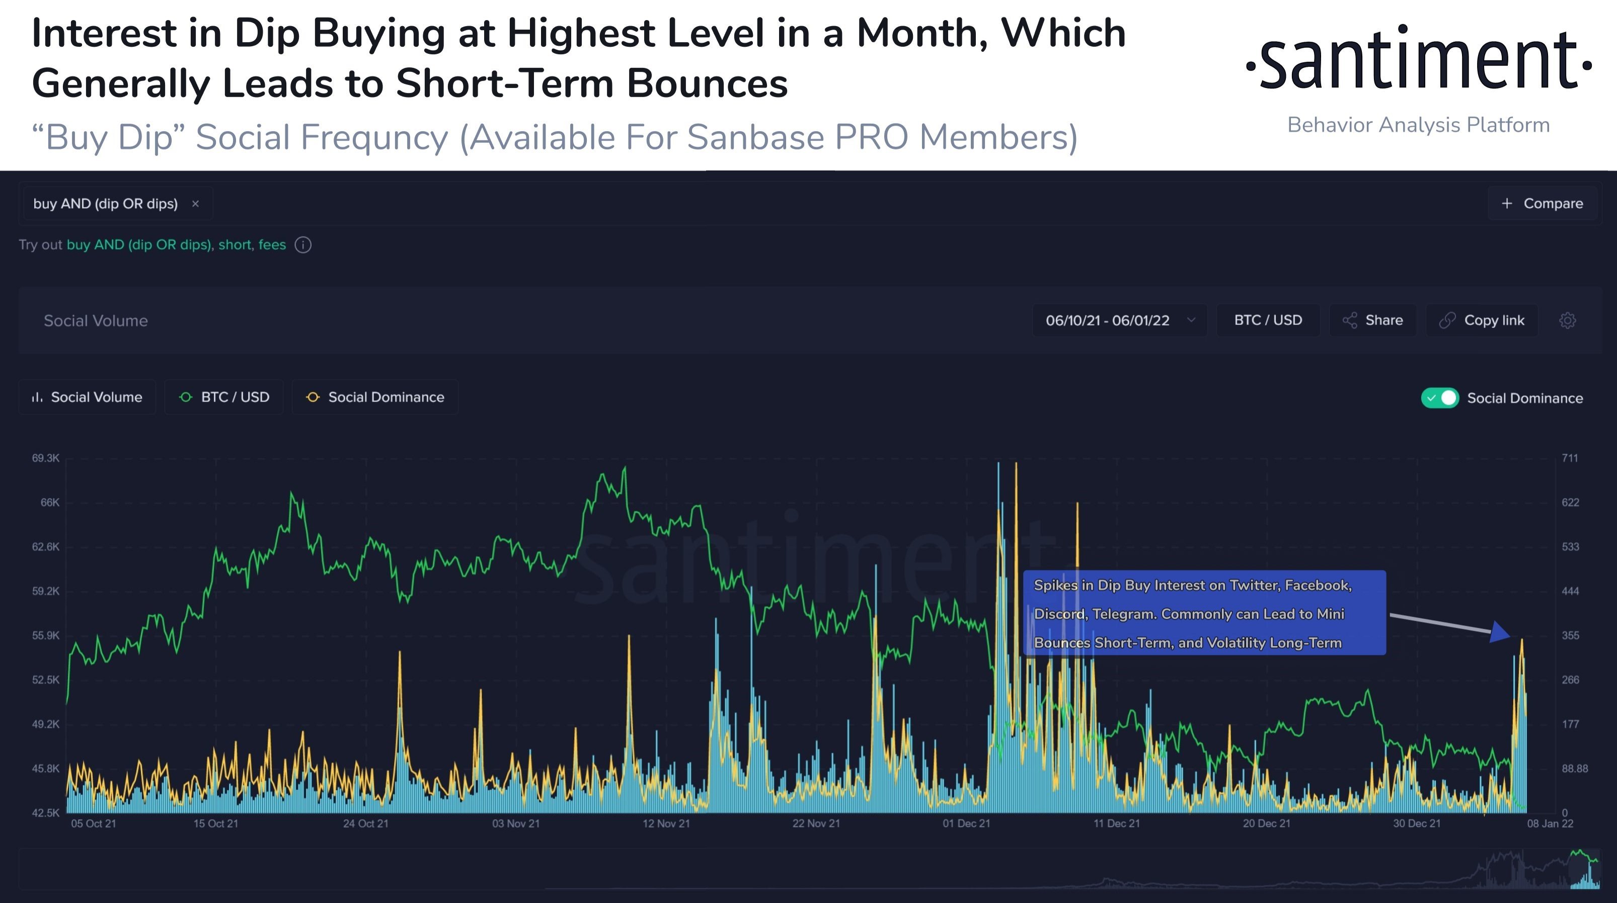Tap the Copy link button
point(1482,320)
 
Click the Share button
point(1373,320)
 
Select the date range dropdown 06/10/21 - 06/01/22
point(1119,320)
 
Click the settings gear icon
point(1567,320)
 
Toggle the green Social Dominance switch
point(1440,398)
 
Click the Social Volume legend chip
point(87,397)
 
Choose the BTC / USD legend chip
point(224,397)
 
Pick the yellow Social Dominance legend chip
point(375,397)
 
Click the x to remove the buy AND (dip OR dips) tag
point(195,203)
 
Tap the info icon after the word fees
point(303,244)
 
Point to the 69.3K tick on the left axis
point(46,458)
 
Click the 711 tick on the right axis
point(1569,458)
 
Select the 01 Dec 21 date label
point(966,824)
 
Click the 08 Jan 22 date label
point(1550,824)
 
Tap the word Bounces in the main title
point(707,83)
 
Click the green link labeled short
point(235,244)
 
